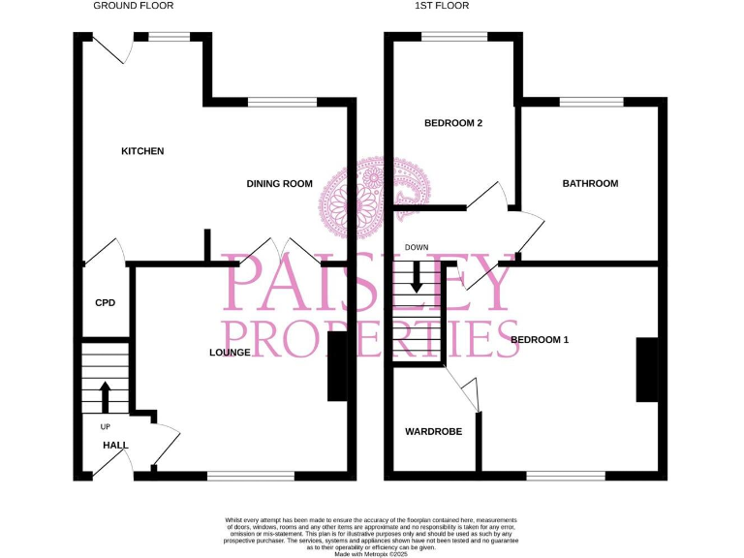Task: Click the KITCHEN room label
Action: (x=142, y=151)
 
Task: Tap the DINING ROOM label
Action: (x=279, y=184)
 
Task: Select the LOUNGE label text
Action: (x=231, y=353)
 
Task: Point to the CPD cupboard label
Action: (x=105, y=303)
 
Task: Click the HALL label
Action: (x=116, y=446)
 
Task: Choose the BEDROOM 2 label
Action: (x=453, y=123)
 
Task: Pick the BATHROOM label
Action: (x=590, y=183)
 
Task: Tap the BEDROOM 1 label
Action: (x=540, y=340)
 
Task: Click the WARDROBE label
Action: (x=433, y=432)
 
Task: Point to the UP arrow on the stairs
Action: (x=105, y=395)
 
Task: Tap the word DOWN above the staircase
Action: (x=417, y=248)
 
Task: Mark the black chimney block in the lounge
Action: (x=337, y=366)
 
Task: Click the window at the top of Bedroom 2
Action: (x=454, y=37)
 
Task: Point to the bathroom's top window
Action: (x=591, y=101)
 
